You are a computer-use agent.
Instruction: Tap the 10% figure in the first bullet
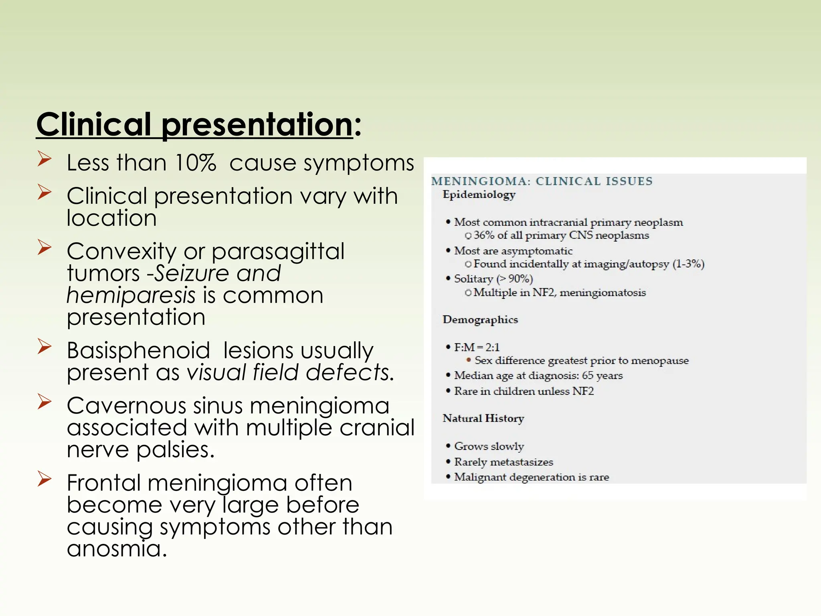(196, 163)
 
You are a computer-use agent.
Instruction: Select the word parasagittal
(278, 251)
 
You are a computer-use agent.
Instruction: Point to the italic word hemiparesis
(131, 296)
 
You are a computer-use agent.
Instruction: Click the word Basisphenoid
(138, 351)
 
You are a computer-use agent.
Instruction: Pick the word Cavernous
(126, 405)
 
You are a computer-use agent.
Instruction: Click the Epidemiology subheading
(479, 195)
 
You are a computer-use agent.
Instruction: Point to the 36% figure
(484, 235)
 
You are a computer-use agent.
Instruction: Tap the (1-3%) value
(688, 264)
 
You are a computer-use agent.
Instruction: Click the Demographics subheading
(480, 320)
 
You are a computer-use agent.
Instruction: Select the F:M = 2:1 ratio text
(477, 347)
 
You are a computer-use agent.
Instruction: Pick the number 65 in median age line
(587, 375)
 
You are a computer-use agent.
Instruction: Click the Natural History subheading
(483, 418)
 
